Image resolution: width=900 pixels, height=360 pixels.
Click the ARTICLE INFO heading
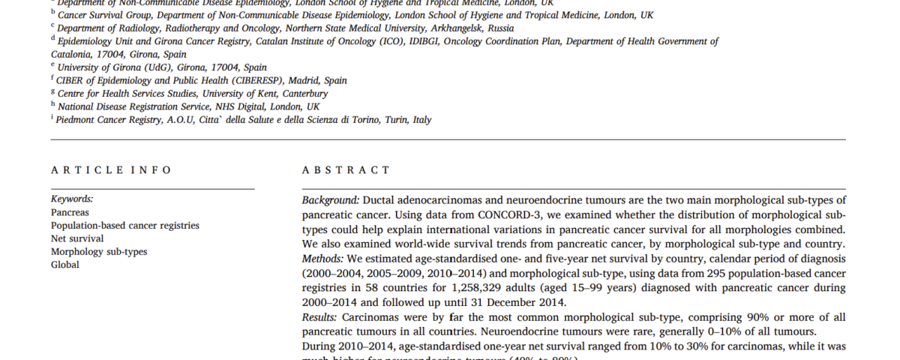coord(111,170)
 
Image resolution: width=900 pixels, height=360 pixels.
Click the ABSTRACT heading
coord(346,170)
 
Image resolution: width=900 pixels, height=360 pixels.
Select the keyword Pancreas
coord(70,212)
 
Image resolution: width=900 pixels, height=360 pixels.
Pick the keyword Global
coord(64,265)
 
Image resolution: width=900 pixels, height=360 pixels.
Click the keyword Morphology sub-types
coord(99,251)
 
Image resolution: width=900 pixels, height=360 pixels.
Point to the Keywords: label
coord(72,199)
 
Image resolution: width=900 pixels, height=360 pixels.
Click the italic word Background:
coord(331,200)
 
